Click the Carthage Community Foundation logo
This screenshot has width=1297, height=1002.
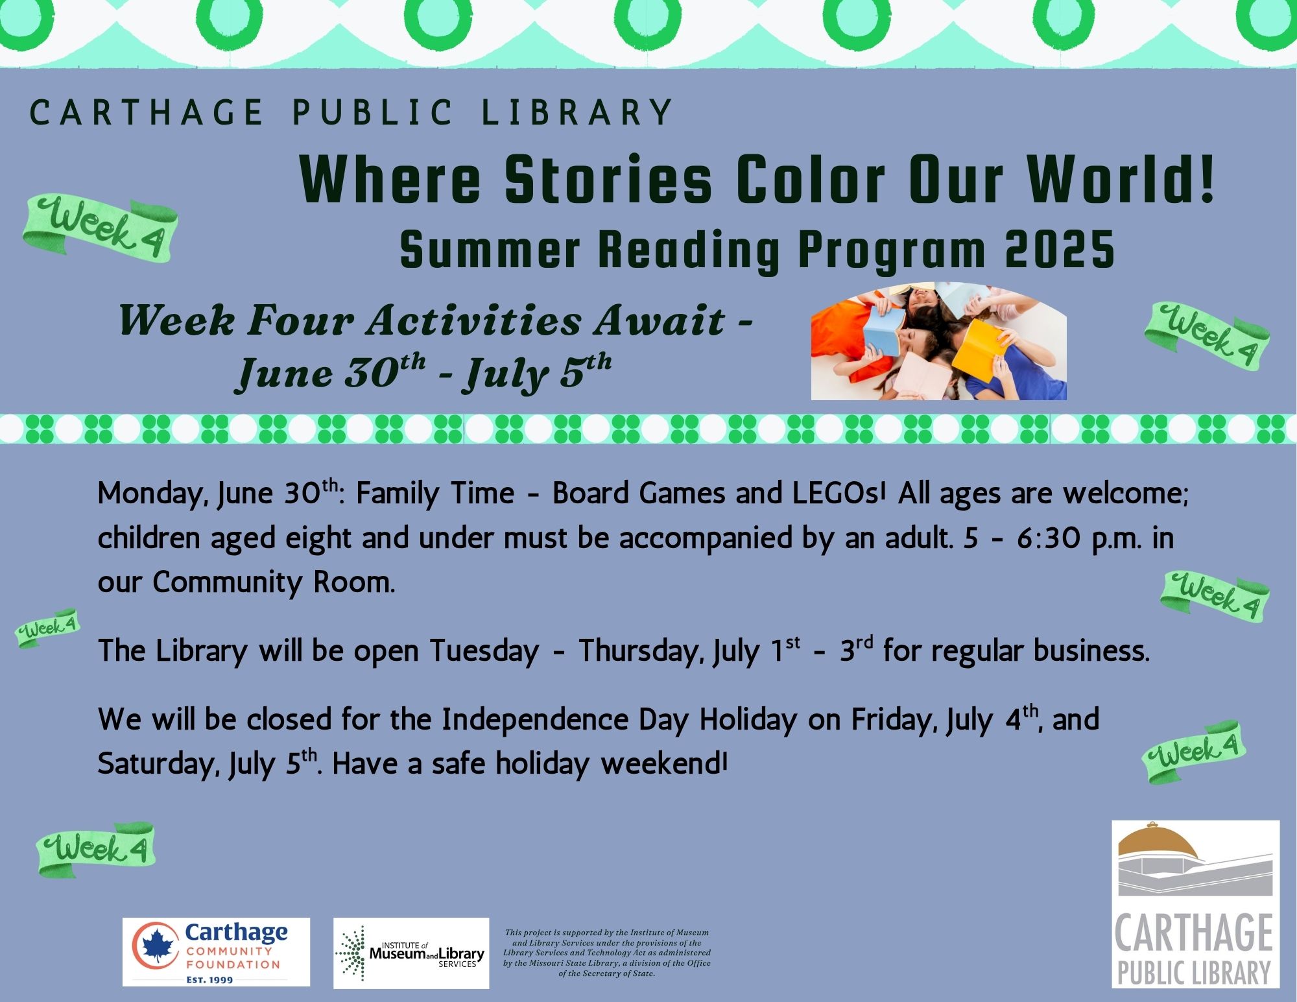pyautogui.click(x=216, y=952)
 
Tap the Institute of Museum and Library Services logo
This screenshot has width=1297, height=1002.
pyautogui.click(x=411, y=953)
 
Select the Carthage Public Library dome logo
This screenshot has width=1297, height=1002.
pyautogui.click(x=1195, y=904)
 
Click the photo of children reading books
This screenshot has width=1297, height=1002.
pyautogui.click(x=938, y=341)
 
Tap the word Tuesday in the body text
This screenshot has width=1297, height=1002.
pyautogui.click(x=484, y=650)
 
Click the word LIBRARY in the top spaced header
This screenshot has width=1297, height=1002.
pyautogui.click(x=577, y=112)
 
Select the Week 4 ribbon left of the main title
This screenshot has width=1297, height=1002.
pyautogui.click(x=101, y=228)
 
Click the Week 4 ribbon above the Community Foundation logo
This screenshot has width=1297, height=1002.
pyautogui.click(x=96, y=849)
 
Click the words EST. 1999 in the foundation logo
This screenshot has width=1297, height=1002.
pyautogui.click(x=209, y=979)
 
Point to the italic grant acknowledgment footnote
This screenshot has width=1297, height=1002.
pyautogui.click(x=606, y=953)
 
